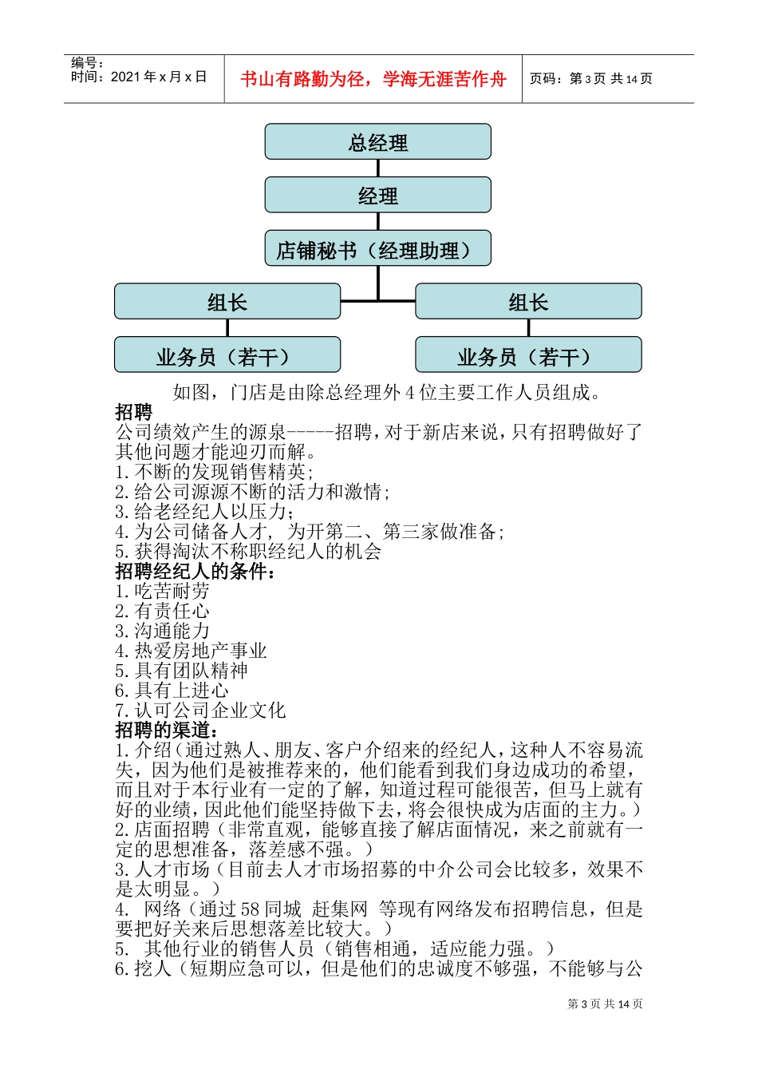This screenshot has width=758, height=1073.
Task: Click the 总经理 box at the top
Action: pyautogui.click(x=377, y=142)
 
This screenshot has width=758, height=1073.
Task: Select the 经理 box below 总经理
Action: pyautogui.click(x=377, y=195)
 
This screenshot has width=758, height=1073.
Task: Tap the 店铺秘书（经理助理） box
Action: pyautogui.click(x=377, y=249)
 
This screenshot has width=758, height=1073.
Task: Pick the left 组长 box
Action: pyautogui.click(x=227, y=302)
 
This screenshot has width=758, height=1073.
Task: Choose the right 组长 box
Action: pyautogui.click(x=528, y=302)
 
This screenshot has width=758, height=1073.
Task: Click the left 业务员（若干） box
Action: pyautogui.click(x=227, y=355)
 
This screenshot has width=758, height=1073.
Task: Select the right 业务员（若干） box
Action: pyautogui.click(x=528, y=355)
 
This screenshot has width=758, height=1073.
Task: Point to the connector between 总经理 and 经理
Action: pyautogui.click(x=377, y=168)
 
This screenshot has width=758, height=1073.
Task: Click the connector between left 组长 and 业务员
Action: pyautogui.click(x=227, y=328)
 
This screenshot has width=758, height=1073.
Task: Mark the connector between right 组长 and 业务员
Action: pyautogui.click(x=528, y=328)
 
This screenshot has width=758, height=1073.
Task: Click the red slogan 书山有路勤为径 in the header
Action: pyautogui.click(x=373, y=79)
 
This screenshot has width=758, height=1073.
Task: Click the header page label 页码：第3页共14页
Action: pyautogui.click(x=591, y=79)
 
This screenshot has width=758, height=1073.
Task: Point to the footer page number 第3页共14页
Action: pyautogui.click(x=605, y=1004)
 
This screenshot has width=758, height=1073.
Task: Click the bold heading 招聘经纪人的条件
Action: pyautogui.click(x=196, y=572)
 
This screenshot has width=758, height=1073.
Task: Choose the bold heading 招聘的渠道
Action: pyautogui.click(x=167, y=731)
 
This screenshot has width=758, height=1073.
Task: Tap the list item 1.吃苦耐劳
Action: pyautogui.click(x=163, y=592)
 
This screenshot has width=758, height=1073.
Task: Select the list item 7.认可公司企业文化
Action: pyautogui.click(x=200, y=711)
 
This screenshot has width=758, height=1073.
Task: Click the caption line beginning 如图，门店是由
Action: pyautogui.click(x=387, y=393)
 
